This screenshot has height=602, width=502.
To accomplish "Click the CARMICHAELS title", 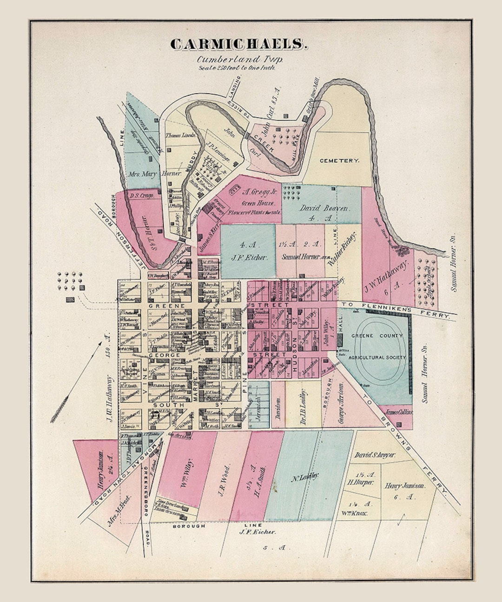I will [x=239, y=45].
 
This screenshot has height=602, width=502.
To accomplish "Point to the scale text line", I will [x=237, y=67].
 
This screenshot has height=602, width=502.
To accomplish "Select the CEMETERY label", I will [x=339, y=161].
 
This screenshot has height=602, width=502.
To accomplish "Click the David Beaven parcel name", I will [x=324, y=208].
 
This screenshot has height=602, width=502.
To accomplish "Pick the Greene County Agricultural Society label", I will [x=377, y=347].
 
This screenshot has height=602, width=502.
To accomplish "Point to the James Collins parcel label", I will [x=399, y=412].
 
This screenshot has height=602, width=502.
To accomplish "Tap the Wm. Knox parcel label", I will [x=357, y=513].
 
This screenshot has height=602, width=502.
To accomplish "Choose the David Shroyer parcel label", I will [x=375, y=455].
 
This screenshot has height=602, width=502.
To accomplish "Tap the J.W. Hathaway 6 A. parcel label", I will [x=386, y=276].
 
